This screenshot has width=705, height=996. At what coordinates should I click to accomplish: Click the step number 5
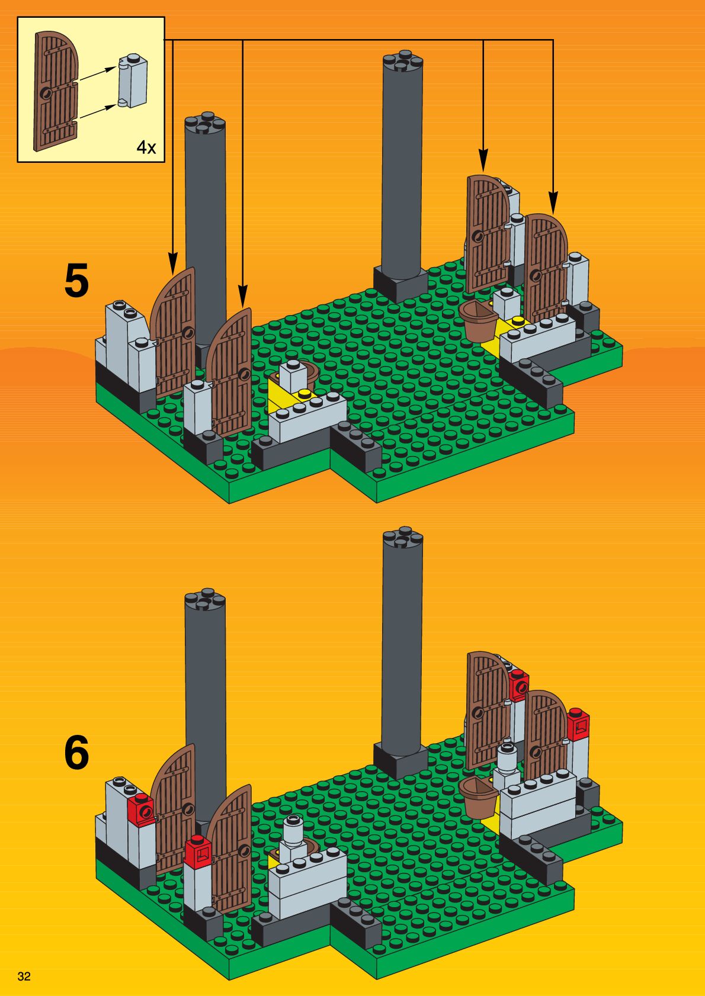[76, 281]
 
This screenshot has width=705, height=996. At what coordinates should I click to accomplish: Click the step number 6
[76, 753]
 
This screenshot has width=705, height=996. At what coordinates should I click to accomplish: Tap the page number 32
[24, 976]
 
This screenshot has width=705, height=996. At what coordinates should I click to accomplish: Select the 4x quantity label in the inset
[146, 147]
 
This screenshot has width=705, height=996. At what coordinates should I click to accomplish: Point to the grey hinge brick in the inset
[133, 81]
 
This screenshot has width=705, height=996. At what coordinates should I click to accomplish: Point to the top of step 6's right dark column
[403, 536]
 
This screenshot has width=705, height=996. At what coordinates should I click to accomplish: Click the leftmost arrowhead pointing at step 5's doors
[172, 262]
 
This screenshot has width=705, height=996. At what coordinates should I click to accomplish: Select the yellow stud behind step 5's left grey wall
[305, 393]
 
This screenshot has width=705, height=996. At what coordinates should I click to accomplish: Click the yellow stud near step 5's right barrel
[518, 320]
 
